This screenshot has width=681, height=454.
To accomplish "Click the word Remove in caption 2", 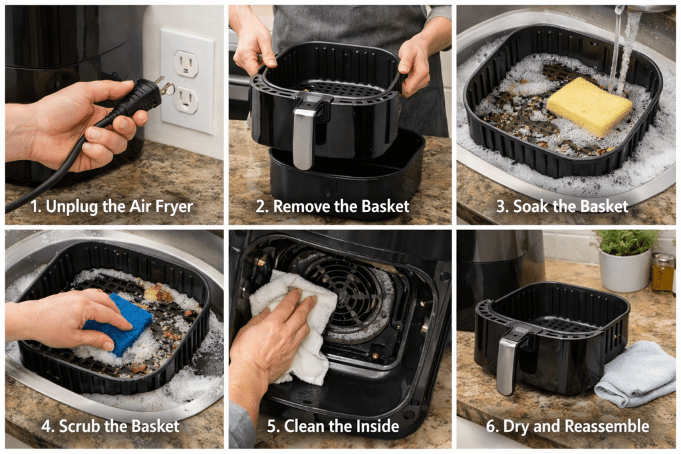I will coord(301,206).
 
